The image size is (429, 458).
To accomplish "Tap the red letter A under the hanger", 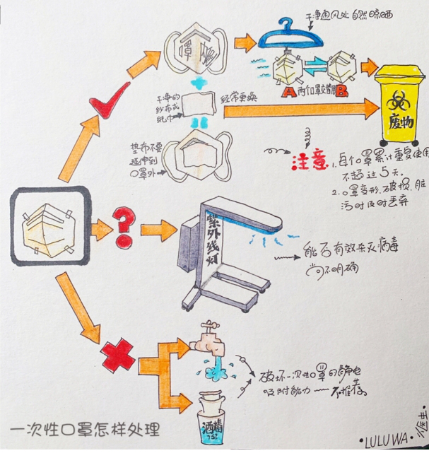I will point(286,91).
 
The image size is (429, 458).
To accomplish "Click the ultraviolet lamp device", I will point(226,251).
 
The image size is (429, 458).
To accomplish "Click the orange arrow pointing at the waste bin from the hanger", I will point(370,67).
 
